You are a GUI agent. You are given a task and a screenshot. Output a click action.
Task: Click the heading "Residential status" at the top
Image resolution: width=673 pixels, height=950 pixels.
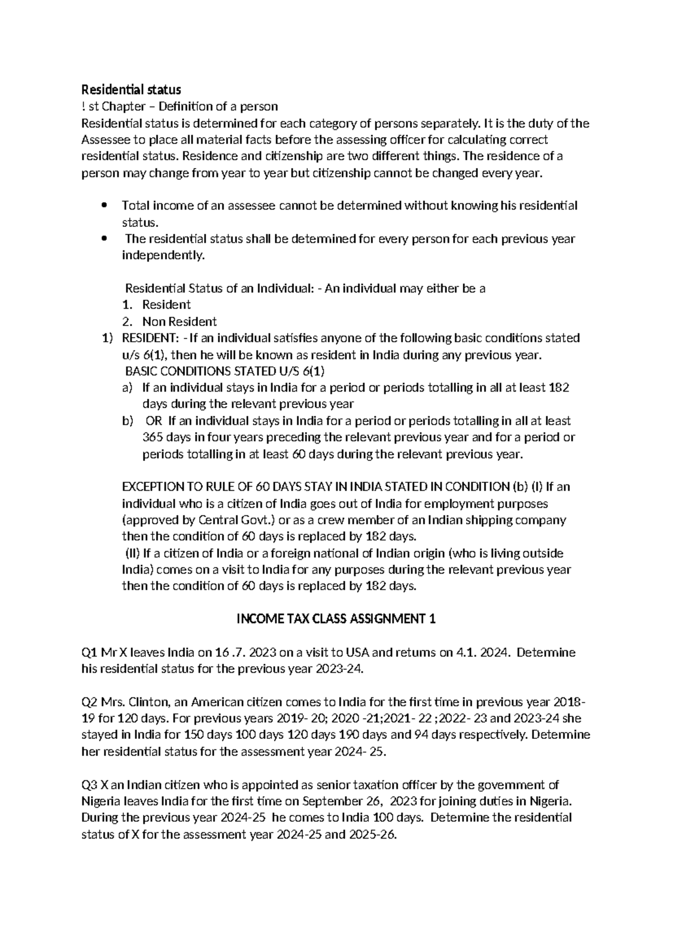click(131, 90)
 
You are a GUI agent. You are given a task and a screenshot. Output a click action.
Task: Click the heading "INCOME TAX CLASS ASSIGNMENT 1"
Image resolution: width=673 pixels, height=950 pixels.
click(336, 619)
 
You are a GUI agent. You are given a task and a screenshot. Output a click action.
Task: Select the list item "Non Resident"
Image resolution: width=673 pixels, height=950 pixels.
click(179, 322)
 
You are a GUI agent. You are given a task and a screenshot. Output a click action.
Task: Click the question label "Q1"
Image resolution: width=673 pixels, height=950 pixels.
click(89, 653)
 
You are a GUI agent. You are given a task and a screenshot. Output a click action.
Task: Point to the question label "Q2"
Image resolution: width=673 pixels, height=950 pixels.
click(90, 702)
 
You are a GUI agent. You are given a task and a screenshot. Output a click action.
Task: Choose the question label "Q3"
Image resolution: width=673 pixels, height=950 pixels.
click(90, 785)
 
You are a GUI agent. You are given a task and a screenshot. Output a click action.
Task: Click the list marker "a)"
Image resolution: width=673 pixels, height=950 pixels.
click(127, 388)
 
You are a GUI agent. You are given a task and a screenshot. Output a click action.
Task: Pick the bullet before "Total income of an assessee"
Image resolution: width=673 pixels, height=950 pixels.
click(103, 206)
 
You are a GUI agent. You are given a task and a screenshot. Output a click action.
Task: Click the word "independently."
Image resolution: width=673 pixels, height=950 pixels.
click(163, 255)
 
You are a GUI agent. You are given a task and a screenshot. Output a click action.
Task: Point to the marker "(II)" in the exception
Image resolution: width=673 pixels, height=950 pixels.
click(132, 553)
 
